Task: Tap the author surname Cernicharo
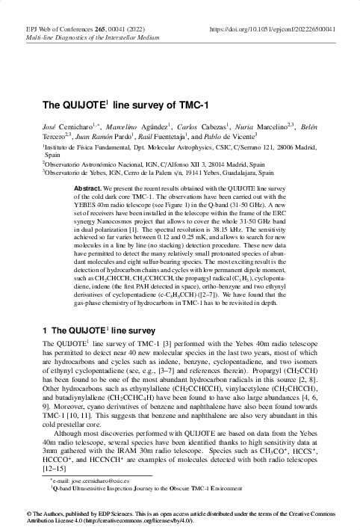pyautogui.click(x=73, y=129)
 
